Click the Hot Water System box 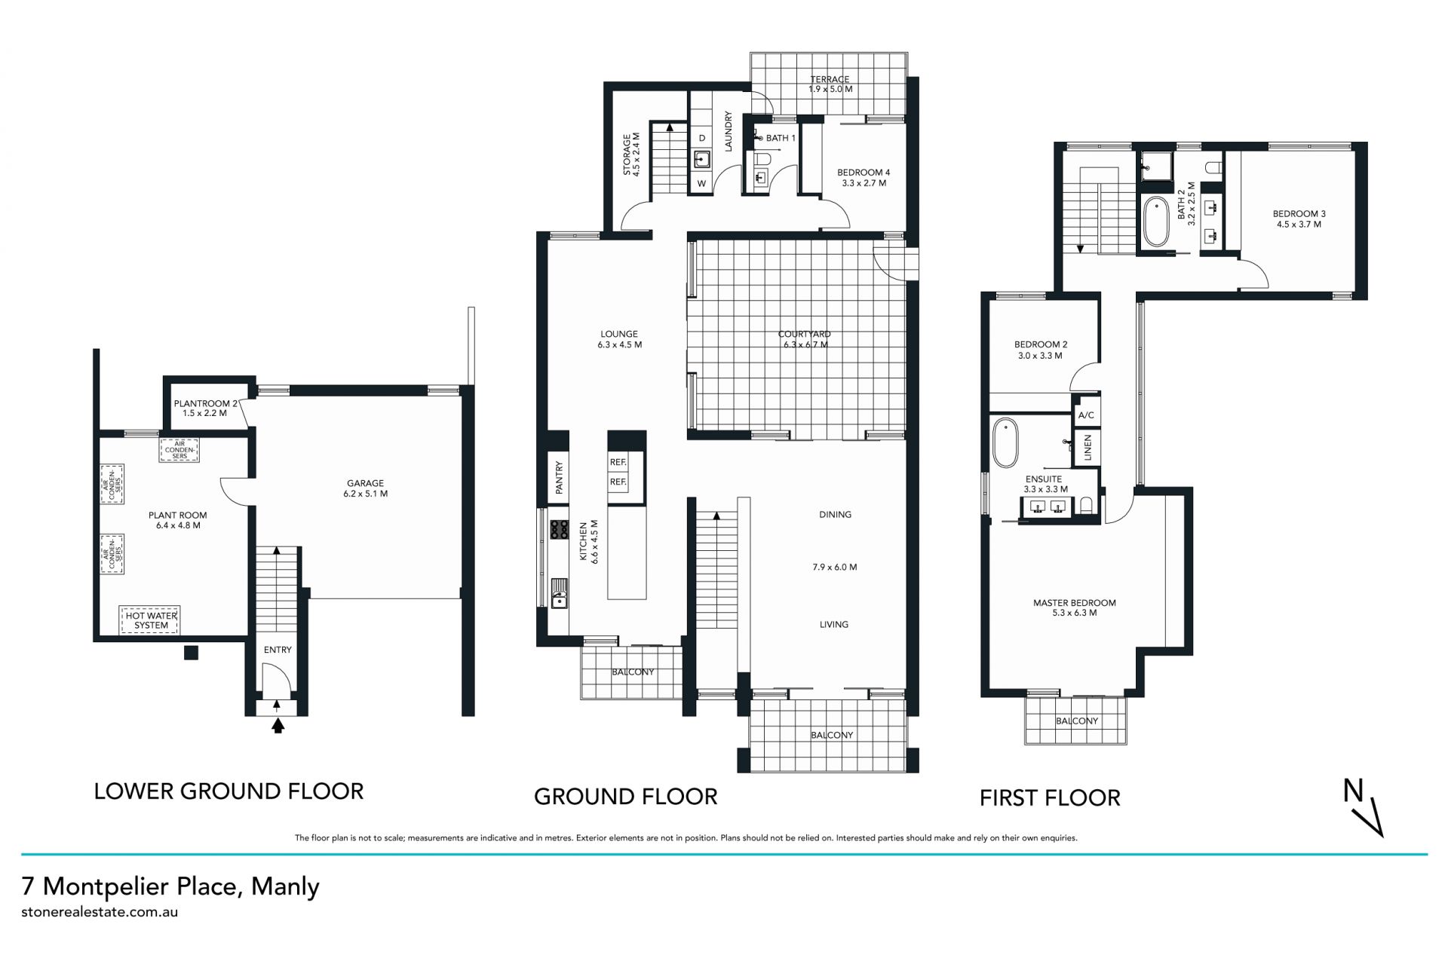pyautogui.click(x=151, y=620)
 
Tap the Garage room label pyautogui.click(x=365, y=488)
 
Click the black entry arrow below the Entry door pyautogui.click(x=278, y=726)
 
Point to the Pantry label pyautogui.click(x=559, y=477)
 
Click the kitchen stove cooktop pyautogui.click(x=559, y=530)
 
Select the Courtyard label pyautogui.click(x=805, y=339)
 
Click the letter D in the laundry pyautogui.click(x=702, y=138)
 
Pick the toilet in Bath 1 pyautogui.click(x=762, y=159)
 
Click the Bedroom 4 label pyautogui.click(x=863, y=178)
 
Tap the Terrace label pyautogui.click(x=830, y=84)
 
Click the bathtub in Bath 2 pyautogui.click(x=1155, y=222)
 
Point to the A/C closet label pyautogui.click(x=1086, y=415)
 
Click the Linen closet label pyautogui.click(x=1087, y=448)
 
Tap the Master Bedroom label pyautogui.click(x=1074, y=607)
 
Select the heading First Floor pyautogui.click(x=1050, y=798)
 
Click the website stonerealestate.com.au pyautogui.click(x=100, y=911)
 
